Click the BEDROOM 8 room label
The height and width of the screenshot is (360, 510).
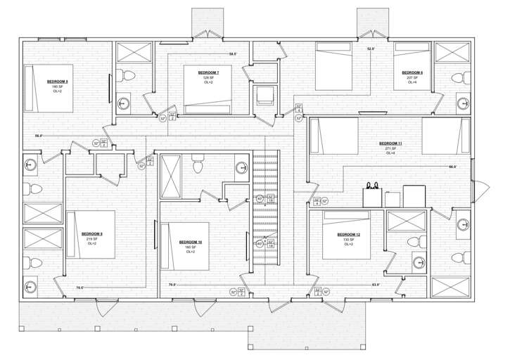pos(58,82)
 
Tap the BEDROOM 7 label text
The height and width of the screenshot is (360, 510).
pos(208,73)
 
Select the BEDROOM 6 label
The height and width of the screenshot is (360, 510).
pos(412,72)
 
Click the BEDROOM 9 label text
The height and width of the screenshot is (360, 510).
pos(91,234)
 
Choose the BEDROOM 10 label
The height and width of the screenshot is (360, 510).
pos(191,242)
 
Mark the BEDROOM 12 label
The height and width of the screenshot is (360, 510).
pos(348,235)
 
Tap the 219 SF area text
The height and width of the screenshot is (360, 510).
pos(91,239)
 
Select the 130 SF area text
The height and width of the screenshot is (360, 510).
pos(348,240)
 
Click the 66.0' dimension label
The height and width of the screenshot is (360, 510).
pos(452,167)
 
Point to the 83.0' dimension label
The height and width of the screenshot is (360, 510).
pos(376,285)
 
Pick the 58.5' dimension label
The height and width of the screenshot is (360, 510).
pos(233,54)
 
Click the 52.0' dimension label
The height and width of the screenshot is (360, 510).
pos(371,49)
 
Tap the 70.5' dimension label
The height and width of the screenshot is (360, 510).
pos(79,288)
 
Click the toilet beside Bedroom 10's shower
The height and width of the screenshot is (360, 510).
pos(198,165)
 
